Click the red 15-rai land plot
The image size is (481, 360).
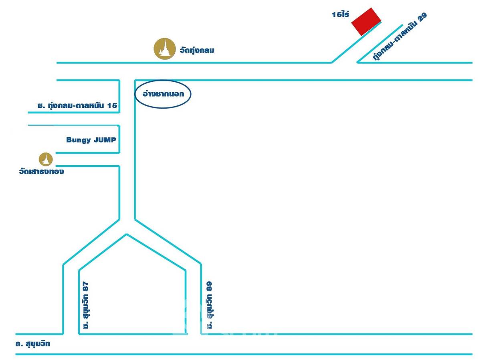(x=366, y=22)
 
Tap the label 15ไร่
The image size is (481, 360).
(x=340, y=14)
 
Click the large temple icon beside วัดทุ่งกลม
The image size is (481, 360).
(x=165, y=49)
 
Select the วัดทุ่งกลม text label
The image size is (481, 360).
(x=197, y=51)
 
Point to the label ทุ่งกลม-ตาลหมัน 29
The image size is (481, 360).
(x=400, y=36)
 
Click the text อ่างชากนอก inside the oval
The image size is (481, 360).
(x=163, y=94)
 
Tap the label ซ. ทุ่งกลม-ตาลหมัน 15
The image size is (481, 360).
(x=77, y=105)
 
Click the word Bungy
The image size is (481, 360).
(x=79, y=140)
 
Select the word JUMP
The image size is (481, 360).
(x=105, y=140)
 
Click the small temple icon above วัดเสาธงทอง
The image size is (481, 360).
(x=46, y=159)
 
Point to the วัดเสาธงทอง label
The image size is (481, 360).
(x=41, y=171)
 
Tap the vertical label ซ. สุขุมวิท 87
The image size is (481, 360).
(x=86, y=305)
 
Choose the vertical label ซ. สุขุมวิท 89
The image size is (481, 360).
(x=210, y=305)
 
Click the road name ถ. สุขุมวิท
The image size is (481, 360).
(x=33, y=344)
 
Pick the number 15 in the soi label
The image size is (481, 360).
(x=112, y=105)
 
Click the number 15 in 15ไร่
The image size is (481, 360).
(x=337, y=15)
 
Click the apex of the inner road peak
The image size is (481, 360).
(x=126, y=234)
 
